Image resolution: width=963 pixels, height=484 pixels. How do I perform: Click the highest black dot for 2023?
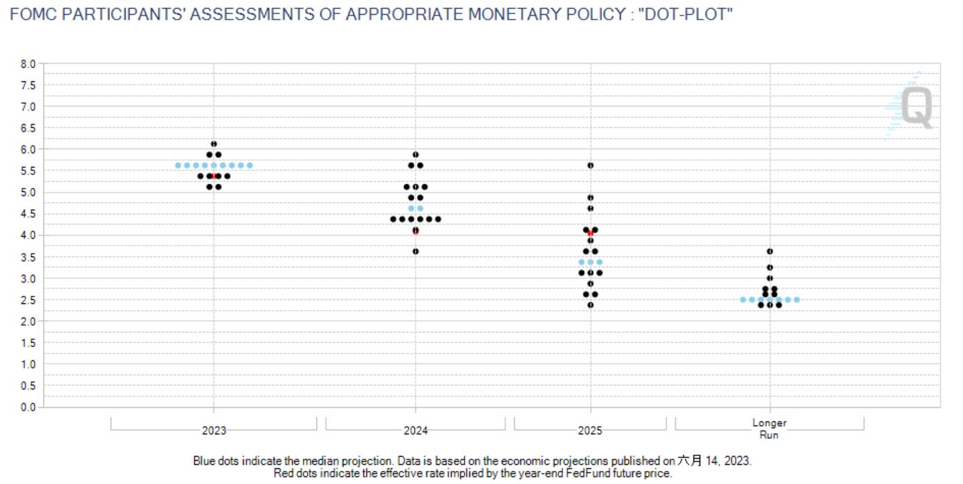tap(214, 144)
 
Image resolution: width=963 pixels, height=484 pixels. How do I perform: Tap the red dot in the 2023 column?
tap(214, 176)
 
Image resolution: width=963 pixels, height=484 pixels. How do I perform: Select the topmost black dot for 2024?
tap(416, 155)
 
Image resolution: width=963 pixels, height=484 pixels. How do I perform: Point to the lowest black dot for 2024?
tap(416, 251)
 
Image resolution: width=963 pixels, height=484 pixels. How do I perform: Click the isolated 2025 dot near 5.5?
tap(590, 166)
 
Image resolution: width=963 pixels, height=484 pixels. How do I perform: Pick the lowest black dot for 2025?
tap(590, 305)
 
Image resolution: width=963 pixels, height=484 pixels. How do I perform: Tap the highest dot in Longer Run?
tap(769, 251)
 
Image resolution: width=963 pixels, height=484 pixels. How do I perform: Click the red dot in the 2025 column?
tap(590, 233)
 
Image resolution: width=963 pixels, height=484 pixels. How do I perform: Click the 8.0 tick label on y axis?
tap(28, 64)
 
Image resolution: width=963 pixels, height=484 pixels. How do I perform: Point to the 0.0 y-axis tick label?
tap(28, 407)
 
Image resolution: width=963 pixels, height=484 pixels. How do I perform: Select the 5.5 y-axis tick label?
tap(28, 171)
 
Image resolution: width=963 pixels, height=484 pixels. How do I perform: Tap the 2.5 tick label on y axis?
tap(28, 300)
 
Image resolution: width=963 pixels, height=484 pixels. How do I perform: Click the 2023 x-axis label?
tap(214, 430)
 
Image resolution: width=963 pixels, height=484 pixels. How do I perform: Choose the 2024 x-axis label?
tap(416, 430)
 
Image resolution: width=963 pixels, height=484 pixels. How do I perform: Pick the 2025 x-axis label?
tap(590, 430)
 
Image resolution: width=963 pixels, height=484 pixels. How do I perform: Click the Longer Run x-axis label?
tap(769, 428)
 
